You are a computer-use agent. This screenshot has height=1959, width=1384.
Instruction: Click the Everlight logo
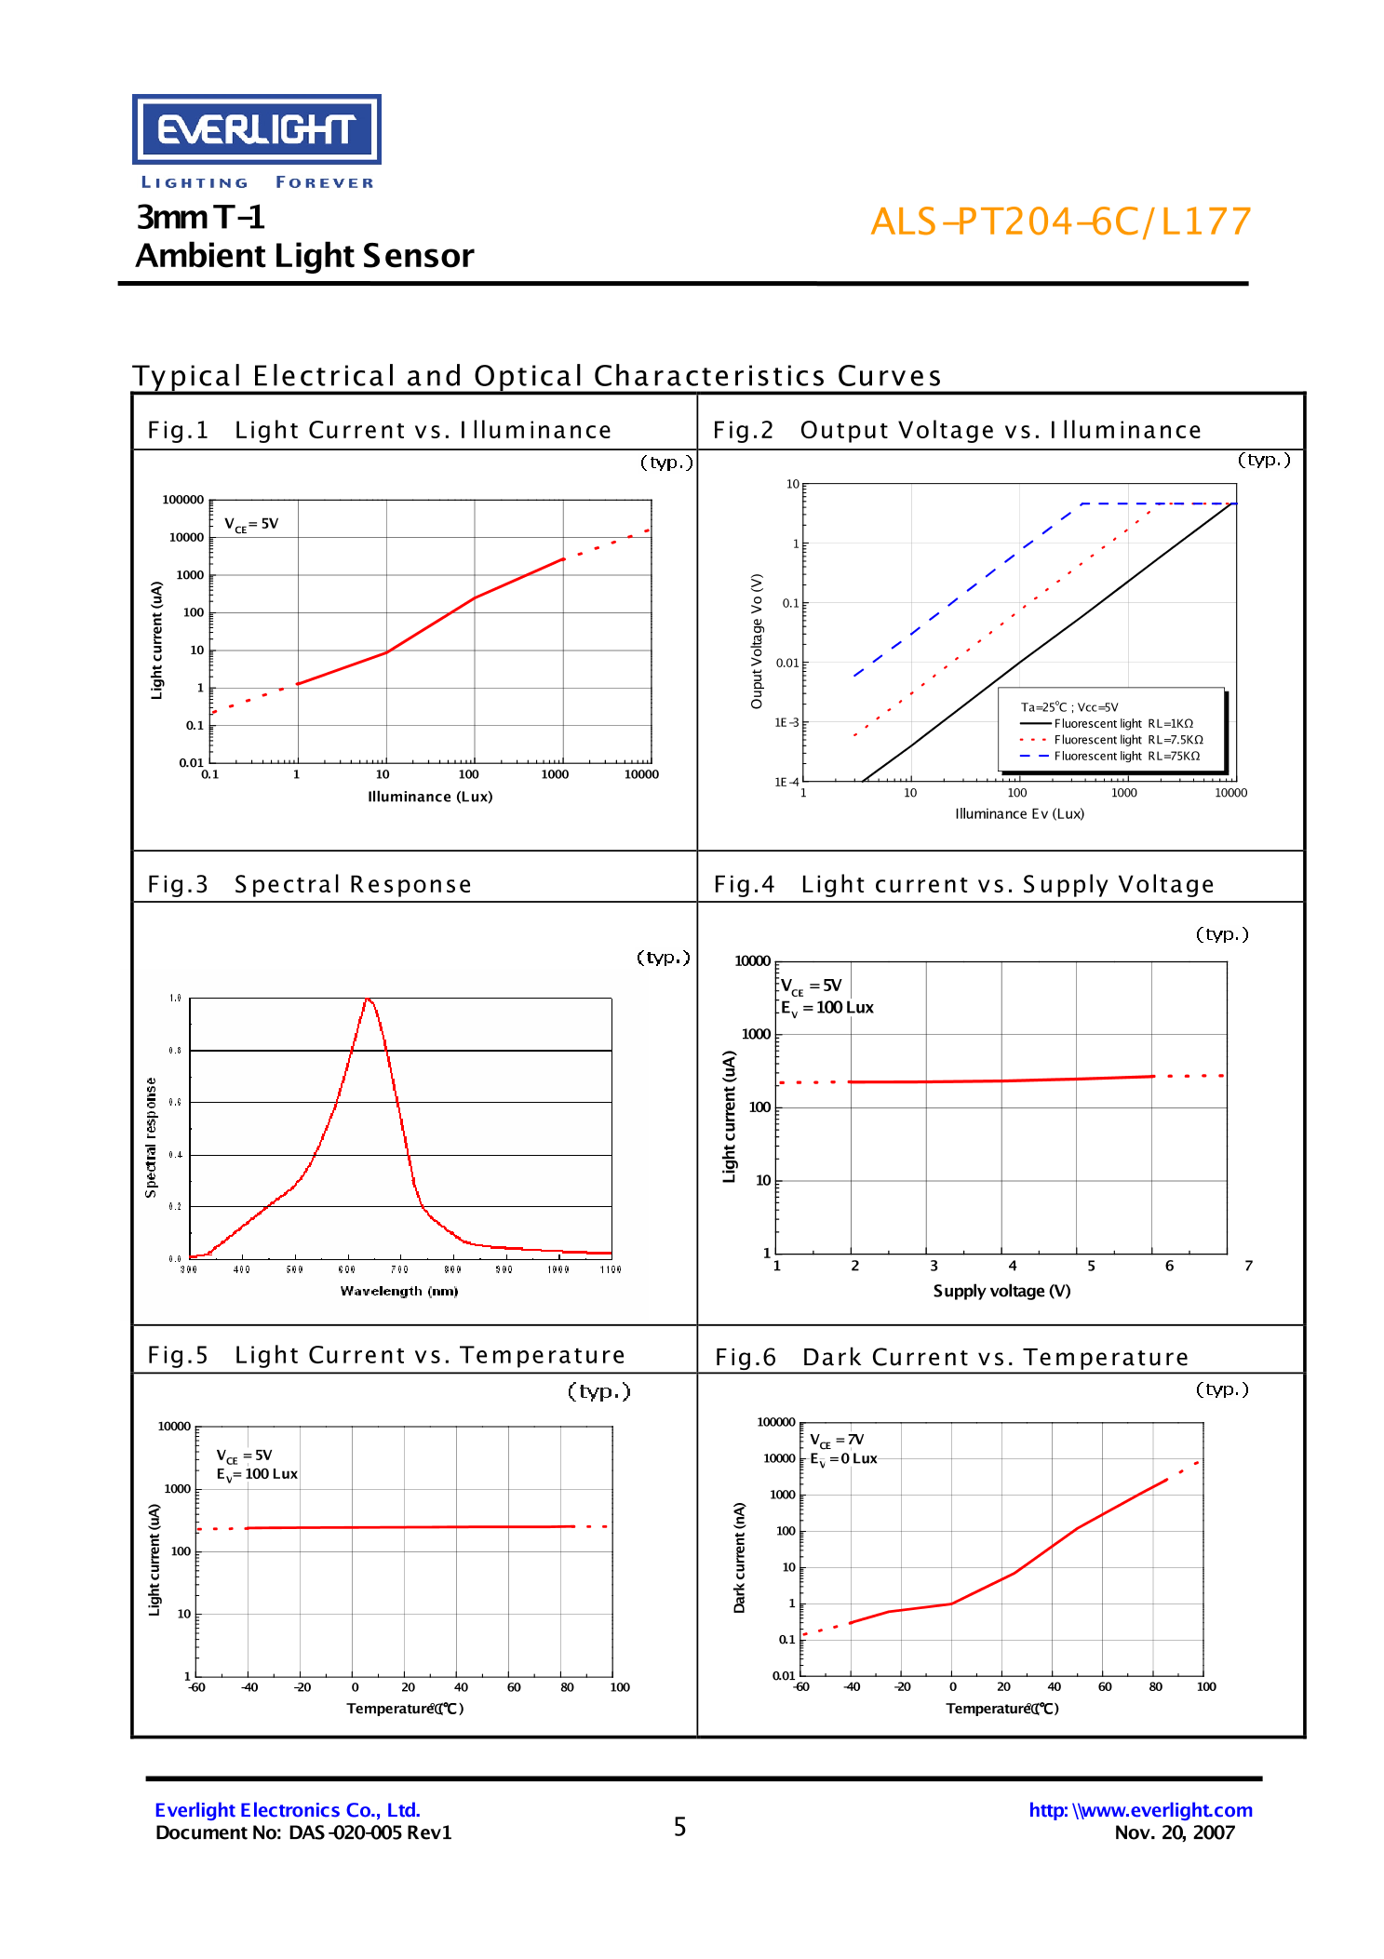coord(256,129)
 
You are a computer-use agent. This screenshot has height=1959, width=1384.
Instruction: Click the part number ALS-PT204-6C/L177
coord(1060,221)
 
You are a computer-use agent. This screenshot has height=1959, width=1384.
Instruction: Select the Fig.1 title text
coord(379,430)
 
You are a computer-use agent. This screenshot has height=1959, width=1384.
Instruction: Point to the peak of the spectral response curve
coord(369,1000)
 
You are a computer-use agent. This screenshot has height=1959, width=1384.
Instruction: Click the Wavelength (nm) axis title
coord(398,1291)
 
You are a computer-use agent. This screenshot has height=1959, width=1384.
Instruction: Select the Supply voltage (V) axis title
coord(1001,1291)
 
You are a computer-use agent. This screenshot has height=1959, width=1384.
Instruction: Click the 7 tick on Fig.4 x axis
coord(1248,1266)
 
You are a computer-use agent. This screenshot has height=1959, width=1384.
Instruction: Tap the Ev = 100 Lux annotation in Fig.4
coord(826,1008)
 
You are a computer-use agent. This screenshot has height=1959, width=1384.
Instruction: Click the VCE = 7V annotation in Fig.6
coord(836,1440)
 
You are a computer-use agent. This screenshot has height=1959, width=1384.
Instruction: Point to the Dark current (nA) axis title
coord(739,1558)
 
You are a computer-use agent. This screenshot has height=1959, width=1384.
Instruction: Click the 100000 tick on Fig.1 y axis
coord(182,500)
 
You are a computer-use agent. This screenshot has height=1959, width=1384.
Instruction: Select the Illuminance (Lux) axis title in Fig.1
coord(430,797)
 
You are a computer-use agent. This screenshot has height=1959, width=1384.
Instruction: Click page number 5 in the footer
coord(679,1827)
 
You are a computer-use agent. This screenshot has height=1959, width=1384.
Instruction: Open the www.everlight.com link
coord(1140,1810)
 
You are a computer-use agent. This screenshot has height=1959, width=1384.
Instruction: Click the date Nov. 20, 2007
coord(1174,1832)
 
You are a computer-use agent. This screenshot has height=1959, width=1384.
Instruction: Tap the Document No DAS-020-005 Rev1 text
coord(303,1832)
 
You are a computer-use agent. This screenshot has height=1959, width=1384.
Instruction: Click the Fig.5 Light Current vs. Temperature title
coord(386,1355)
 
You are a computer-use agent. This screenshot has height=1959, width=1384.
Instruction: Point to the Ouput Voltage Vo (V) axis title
coord(757,641)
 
